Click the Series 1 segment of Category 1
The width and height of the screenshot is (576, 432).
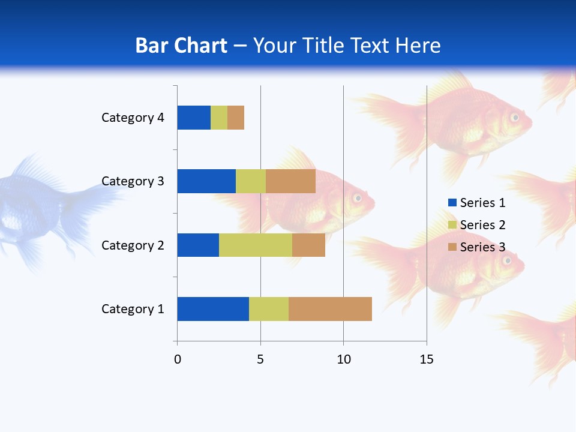click(x=213, y=309)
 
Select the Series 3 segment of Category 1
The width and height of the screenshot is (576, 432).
click(x=330, y=309)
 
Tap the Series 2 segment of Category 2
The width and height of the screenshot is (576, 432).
click(x=256, y=245)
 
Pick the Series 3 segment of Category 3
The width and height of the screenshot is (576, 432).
click(x=290, y=181)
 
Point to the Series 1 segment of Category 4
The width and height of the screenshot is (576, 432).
click(x=194, y=118)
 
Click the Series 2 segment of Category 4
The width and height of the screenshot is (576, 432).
click(x=219, y=118)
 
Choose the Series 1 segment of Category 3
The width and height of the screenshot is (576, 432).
click(x=206, y=181)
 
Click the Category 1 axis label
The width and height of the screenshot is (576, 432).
click(x=133, y=309)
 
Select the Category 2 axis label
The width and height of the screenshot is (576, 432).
click(x=133, y=245)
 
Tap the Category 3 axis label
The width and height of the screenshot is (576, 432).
click(x=133, y=181)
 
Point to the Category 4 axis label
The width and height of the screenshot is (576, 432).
click(x=133, y=118)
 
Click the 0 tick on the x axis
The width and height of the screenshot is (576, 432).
click(x=178, y=359)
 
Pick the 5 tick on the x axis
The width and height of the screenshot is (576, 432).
click(x=260, y=359)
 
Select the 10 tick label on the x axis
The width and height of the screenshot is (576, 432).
click(x=343, y=359)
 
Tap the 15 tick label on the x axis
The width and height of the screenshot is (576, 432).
click(x=427, y=359)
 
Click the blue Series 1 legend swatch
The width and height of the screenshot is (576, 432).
click(x=452, y=203)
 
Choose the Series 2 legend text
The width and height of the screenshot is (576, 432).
click(x=482, y=225)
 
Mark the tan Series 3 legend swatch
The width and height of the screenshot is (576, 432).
click(x=452, y=247)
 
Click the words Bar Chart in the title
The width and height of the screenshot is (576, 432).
click(x=181, y=46)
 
